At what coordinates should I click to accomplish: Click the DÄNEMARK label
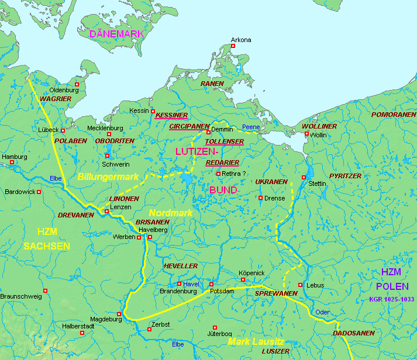[x=116, y=34]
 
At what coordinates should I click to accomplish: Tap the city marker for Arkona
[x=233, y=46]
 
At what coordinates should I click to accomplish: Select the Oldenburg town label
[x=64, y=90]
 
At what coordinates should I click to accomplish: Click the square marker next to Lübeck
[x=63, y=130]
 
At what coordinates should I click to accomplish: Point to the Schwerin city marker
[x=107, y=155]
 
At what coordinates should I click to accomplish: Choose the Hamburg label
[x=15, y=157]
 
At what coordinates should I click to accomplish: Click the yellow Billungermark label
[x=108, y=176]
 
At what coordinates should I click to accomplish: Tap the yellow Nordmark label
[x=170, y=213]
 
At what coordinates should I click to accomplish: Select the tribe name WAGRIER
[x=56, y=99]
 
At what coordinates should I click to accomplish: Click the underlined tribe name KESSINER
[x=171, y=115]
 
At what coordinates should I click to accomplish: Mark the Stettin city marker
[x=304, y=177]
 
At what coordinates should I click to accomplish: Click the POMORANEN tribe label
[x=393, y=115]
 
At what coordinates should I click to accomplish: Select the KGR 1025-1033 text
[x=391, y=299]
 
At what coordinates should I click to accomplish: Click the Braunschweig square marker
[x=45, y=290]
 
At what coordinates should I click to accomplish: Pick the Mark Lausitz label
[x=256, y=341]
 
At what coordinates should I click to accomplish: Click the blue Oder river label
[x=322, y=312]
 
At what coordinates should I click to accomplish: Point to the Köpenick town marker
[x=243, y=279]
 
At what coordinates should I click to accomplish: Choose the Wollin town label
[x=318, y=135]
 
